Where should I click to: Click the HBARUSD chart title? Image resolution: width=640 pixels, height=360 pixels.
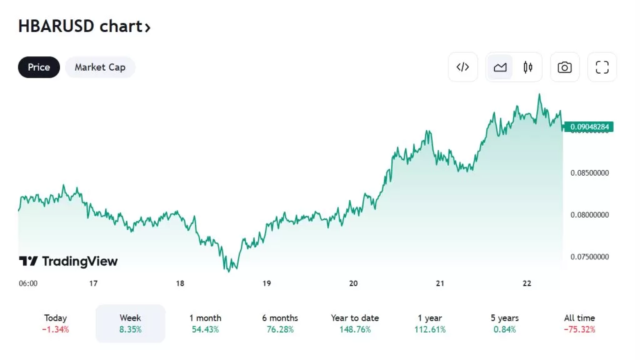pyautogui.click(x=84, y=27)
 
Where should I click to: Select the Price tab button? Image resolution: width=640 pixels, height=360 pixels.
pyautogui.click(x=39, y=67)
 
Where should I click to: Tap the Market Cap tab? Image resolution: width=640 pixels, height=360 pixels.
pyautogui.click(x=100, y=67)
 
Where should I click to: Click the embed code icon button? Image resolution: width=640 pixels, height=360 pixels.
pyautogui.click(x=462, y=67)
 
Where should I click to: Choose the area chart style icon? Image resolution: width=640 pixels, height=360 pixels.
pyautogui.click(x=500, y=67)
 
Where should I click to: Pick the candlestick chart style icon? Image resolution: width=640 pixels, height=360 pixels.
pyautogui.click(x=528, y=67)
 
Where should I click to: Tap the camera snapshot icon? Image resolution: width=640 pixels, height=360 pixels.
pyautogui.click(x=564, y=67)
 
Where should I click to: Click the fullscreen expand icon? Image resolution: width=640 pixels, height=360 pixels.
pyautogui.click(x=602, y=67)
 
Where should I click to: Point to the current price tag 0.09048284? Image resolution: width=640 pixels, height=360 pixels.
pyautogui.click(x=590, y=127)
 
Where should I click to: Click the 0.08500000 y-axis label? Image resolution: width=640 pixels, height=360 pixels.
pyautogui.click(x=590, y=172)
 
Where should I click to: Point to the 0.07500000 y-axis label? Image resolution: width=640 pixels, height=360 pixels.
pyautogui.click(x=590, y=257)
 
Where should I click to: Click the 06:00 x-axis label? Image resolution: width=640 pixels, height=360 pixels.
pyautogui.click(x=28, y=283)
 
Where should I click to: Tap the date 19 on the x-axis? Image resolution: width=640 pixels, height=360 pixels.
pyautogui.click(x=266, y=283)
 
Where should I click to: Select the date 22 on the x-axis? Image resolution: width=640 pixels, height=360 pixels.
pyautogui.click(x=527, y=283)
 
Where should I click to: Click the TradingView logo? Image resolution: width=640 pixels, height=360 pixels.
pyautogui.click(x=68, y=261)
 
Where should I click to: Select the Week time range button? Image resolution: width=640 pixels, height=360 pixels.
pyautogui.click(x=130, y=323)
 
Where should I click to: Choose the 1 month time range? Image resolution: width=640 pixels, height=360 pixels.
pyautogui.click(x=205, y=323)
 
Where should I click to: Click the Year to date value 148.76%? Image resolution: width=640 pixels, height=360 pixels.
pyautogui.click(x=355, y=329)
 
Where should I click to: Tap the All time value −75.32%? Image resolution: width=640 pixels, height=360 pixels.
pyautogui.click(x=579, y=329)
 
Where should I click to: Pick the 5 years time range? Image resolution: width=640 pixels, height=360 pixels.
pyautogui.click(x=504, y=323)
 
